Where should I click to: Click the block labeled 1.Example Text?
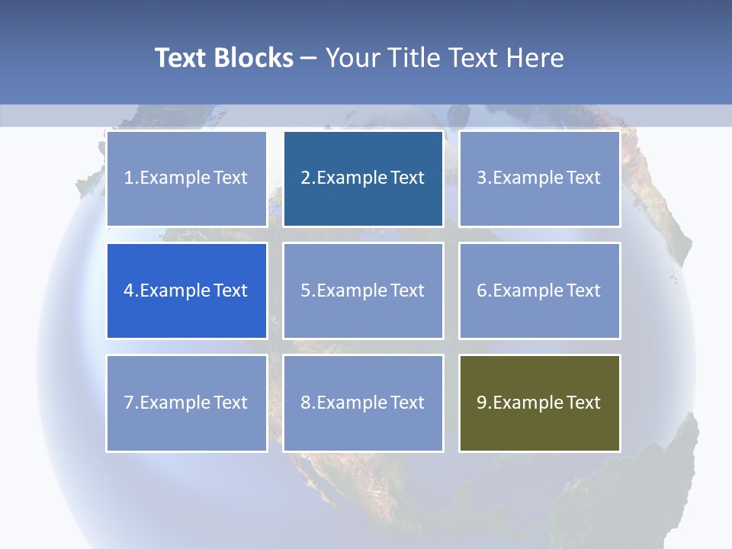point(186,178)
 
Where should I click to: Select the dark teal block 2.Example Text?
point(363,178)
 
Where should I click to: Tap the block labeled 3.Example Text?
point(539,178)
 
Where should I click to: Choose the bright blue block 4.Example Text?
point(186,291)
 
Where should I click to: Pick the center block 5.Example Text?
point(363,291)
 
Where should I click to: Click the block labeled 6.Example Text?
point(539,291)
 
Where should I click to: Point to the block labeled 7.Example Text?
point(186,403)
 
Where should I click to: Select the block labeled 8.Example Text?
point(363,403)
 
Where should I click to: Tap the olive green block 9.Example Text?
point(539,403)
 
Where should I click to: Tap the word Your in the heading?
point(355,58)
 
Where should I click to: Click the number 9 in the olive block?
point(482,403)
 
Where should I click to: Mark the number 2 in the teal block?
point(306,178)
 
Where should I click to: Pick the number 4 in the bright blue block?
point(129,291)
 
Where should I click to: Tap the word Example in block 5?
point(352,291)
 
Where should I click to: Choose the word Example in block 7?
point(175,403)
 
